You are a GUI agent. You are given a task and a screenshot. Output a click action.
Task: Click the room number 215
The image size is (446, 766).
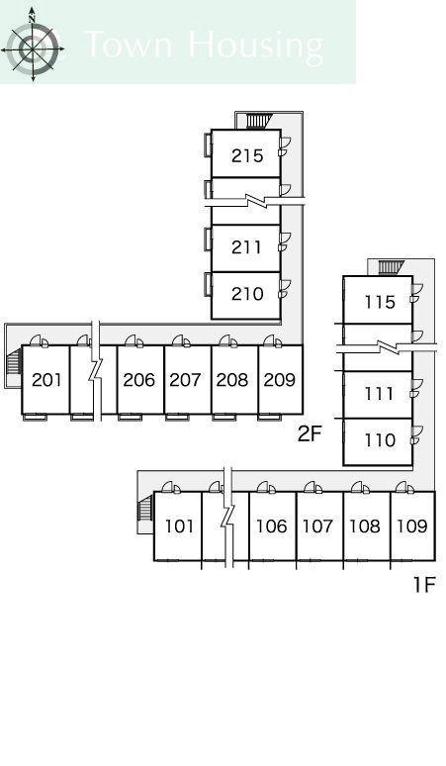[x=247, y=155]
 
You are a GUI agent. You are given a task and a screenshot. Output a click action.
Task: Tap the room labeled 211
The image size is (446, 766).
[x=246, y=247]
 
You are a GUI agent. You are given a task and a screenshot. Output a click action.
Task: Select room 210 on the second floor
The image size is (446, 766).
[x=247, y=294]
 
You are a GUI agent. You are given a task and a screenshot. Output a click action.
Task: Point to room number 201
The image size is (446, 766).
[x=46, y=380]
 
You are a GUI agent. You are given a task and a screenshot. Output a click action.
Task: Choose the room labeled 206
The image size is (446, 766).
[x=139, y=380]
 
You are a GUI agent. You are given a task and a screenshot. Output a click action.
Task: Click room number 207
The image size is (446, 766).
[x=186, y=380]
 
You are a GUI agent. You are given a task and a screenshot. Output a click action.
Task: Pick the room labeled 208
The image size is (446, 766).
[x=232, y=380]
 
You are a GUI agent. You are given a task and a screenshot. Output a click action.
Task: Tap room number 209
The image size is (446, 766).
[x=280, y=380]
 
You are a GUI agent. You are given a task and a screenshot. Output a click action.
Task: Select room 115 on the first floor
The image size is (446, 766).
[x=380, y=302]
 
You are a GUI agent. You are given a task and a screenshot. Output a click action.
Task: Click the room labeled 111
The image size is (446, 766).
[x=379, y=393]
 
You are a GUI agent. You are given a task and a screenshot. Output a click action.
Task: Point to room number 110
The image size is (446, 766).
[x=380, y=440]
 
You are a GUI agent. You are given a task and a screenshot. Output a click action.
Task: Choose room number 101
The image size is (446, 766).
[x=180, y=527]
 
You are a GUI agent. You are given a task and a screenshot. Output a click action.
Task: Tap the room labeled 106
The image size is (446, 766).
[x=272, y=527]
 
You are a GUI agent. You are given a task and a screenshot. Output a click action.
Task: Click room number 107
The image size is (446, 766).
[x=317, y=527]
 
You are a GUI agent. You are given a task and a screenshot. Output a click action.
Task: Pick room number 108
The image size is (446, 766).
[x=365, y=527]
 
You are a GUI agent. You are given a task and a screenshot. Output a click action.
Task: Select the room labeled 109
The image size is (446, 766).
[x=411, y=527]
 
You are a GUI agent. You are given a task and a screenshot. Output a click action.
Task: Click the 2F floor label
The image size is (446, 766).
[x=311, y=433]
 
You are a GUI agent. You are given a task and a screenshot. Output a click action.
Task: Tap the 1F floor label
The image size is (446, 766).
[x=424, y=584]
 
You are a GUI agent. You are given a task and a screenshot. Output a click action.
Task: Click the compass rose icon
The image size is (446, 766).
[x=33, y=45]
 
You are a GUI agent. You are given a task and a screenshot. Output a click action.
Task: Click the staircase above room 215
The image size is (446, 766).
[x=259, y=121]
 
